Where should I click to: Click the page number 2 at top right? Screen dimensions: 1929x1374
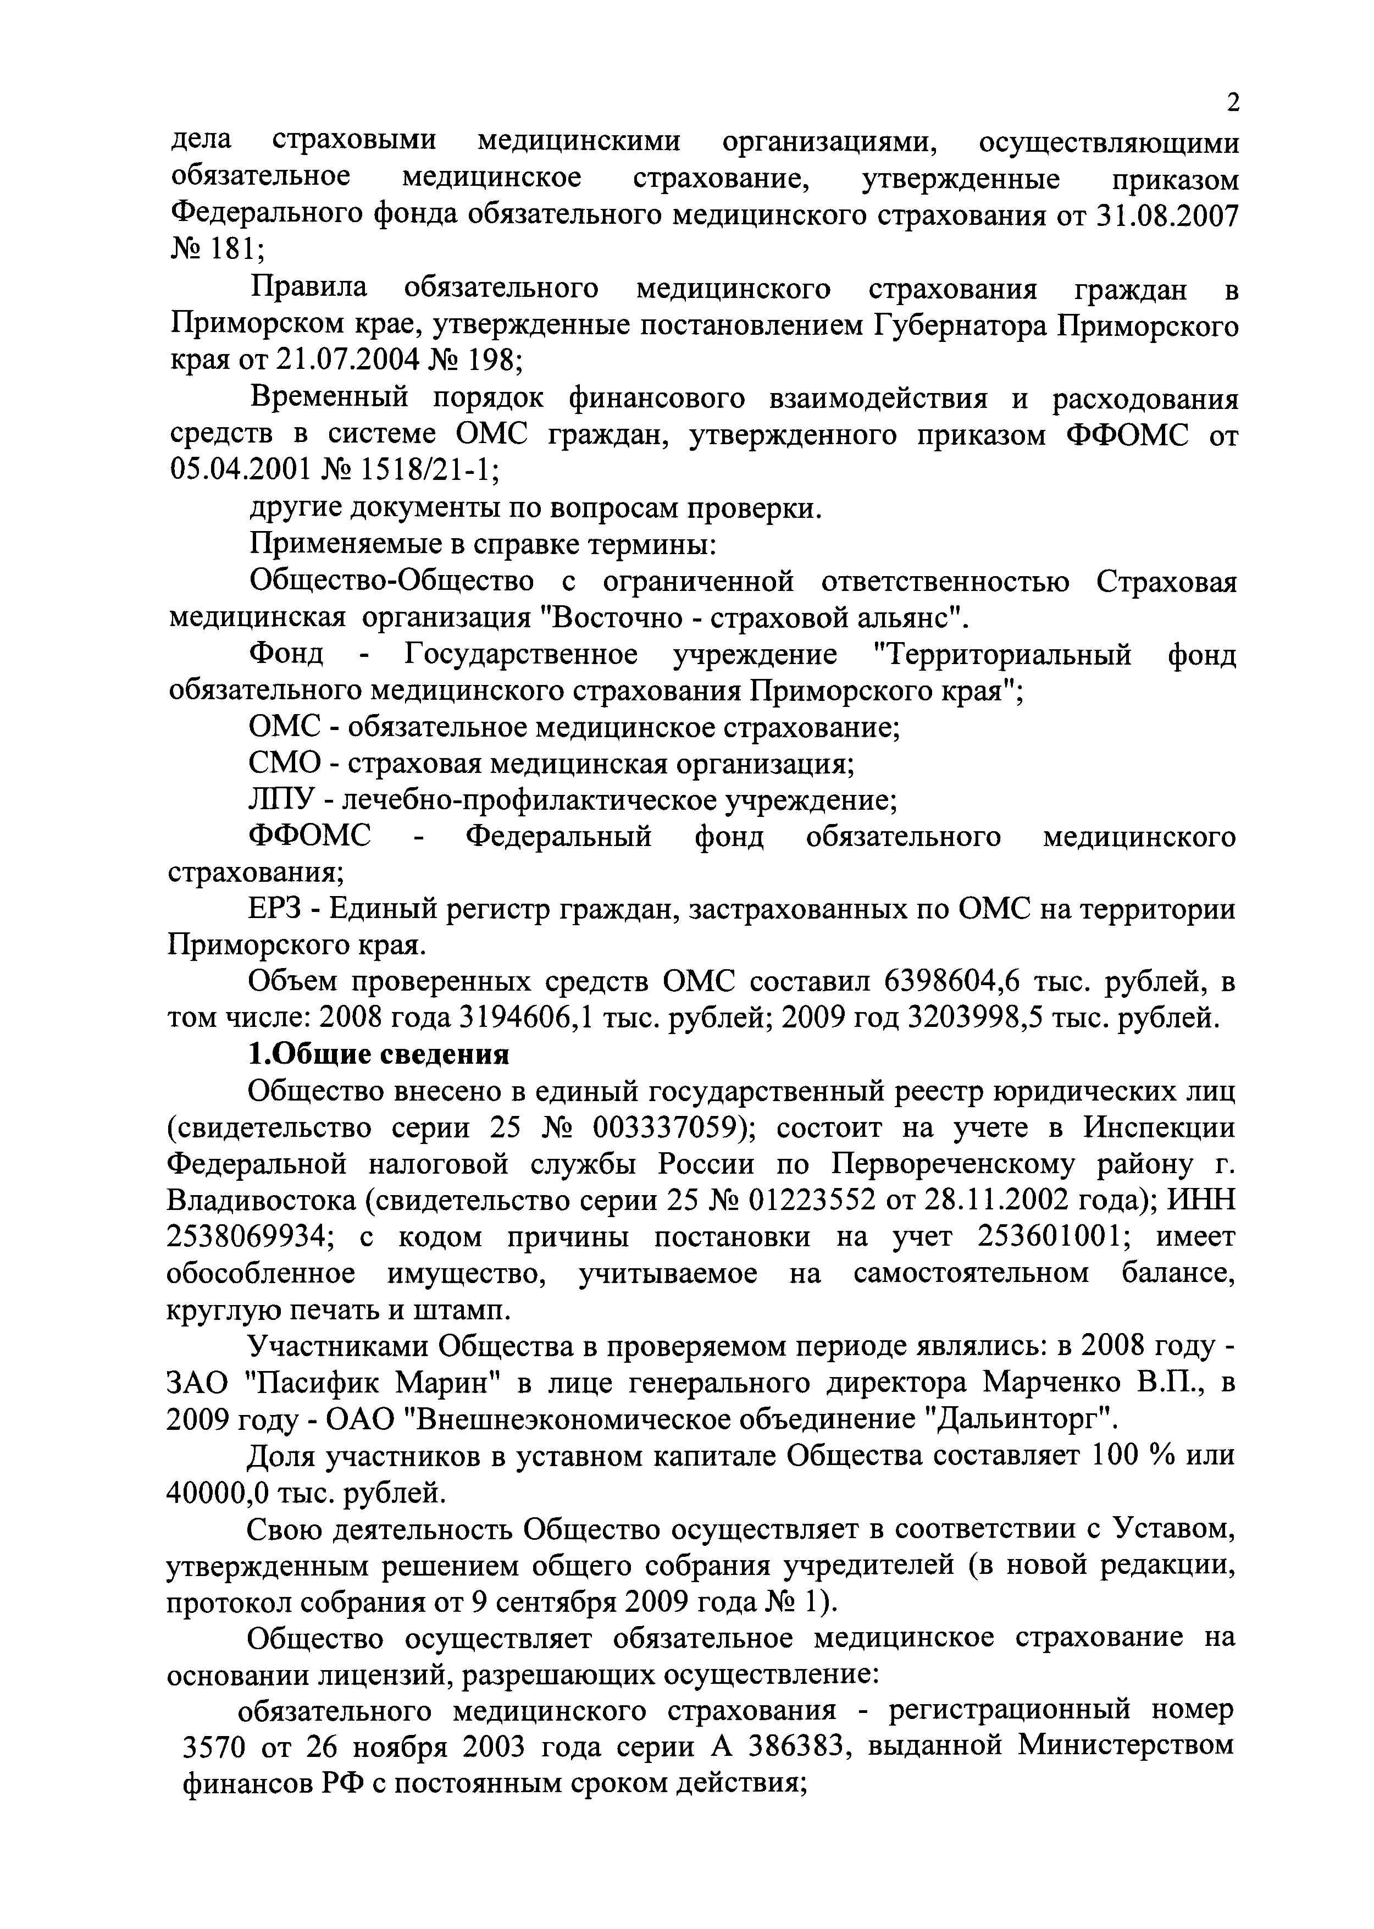click(x=1233, y=103)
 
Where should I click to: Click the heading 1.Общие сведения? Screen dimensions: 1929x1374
click(x=379, y=1055)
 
